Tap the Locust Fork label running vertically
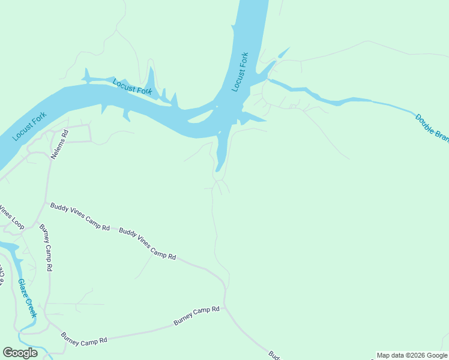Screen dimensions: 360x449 (240, 72)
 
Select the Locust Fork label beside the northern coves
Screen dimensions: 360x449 (133, 87)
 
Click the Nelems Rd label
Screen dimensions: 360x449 (59, 144)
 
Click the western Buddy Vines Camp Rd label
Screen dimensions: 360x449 (80, 217)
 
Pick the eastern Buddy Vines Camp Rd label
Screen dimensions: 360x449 (147, 244)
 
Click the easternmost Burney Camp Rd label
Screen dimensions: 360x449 (197, 316)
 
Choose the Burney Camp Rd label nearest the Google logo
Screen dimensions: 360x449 (84, 339)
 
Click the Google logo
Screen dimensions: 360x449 (20, 353)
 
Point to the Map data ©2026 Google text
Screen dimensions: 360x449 (412, 355)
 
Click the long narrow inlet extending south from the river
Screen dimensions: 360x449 (221, 153)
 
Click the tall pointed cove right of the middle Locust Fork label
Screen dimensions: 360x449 (151, 80)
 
